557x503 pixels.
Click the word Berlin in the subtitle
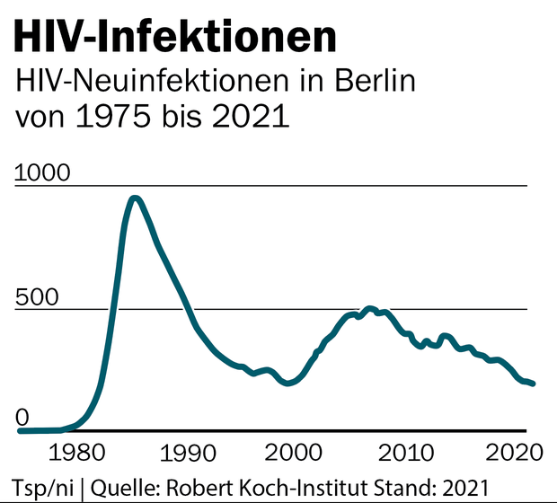[369, 83]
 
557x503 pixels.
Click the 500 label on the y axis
[36, 297]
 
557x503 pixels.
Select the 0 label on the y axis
[22, 418]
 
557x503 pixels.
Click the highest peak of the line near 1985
[135, 199]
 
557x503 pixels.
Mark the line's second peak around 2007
[369, 309]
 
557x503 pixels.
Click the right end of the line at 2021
[534, 384]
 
